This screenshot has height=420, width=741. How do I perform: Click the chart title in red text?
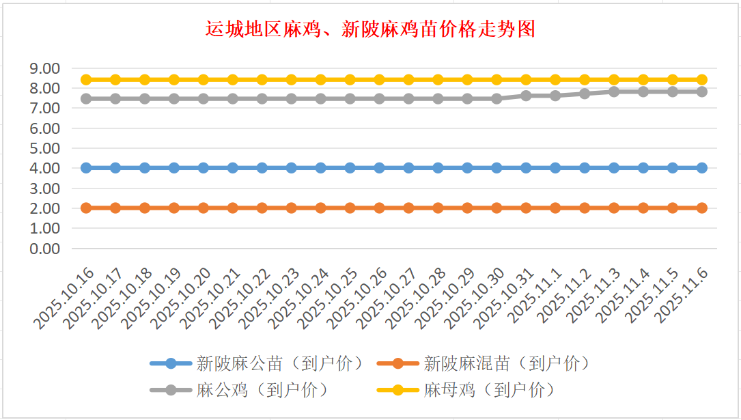[x=370, y=29]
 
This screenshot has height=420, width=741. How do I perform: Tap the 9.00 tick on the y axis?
[x=45, y=68]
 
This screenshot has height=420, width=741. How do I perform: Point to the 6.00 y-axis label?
[x=45, y=128]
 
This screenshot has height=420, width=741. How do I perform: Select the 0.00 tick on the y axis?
[x=45, y=249]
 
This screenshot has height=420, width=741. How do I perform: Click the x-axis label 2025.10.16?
[x=66, y=298]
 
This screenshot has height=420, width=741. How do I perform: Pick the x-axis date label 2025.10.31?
[x=507, y=298]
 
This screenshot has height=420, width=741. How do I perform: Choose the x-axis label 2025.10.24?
[x=301, y=298]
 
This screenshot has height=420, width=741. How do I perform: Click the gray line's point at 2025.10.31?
[x=526, y=96]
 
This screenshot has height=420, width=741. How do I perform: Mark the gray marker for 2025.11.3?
[x=614, y=92]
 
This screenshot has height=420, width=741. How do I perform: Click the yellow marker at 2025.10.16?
[x=86, y=80]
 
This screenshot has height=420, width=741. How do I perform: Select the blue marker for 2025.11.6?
[x=701, y=168]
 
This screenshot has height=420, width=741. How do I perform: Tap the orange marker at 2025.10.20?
[x=204, y=208]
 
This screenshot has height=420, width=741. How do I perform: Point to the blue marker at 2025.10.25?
[x=350, y=168]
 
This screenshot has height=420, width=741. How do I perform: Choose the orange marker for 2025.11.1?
[x=555, y=208]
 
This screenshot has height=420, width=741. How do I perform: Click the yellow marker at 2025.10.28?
[x=438, y=80]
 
